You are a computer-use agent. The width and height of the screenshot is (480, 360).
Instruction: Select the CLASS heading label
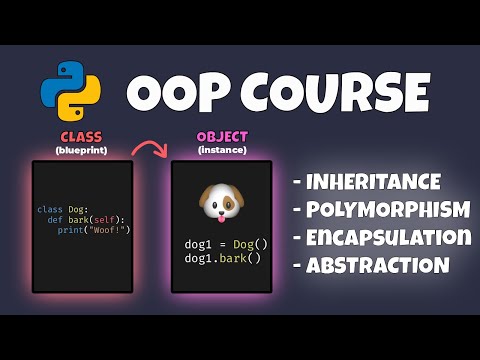point(82,136)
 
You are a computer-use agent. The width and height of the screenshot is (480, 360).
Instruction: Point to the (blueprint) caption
point(82,149)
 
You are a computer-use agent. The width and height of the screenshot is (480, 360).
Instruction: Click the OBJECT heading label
point(221,136)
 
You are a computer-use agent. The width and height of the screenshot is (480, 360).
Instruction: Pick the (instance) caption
point(221,149)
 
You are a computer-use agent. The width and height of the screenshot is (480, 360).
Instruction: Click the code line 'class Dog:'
point(63,209)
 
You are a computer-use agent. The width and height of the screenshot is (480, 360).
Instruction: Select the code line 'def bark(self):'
point(83,219)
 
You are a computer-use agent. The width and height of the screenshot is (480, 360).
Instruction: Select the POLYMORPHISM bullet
point(381,210)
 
